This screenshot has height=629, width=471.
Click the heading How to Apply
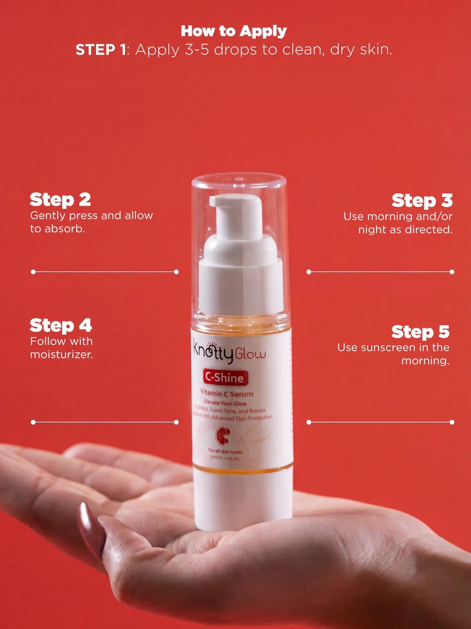click(x=234, y=31)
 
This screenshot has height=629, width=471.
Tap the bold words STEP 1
click(x=101, y=50)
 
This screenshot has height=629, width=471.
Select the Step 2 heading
click(x=60, y=200)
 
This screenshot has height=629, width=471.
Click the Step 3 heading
click(x=422, y=201)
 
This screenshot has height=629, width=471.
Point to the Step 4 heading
click(x=61, y=326)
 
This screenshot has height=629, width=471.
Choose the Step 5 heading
click(x=420, y=332)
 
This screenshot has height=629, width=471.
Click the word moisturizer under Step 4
click(x=61, y=354)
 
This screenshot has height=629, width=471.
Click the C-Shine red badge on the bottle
click(x=225, y=377)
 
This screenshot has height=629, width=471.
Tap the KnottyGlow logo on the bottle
click(x=229, y=352)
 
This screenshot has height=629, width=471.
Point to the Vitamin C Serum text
click(x=227, y=393)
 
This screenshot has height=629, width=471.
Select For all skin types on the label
click(x=225, y=452)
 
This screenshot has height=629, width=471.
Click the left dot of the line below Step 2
click(x=33, y=272)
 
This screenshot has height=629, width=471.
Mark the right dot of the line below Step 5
click(x=452, y=422)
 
